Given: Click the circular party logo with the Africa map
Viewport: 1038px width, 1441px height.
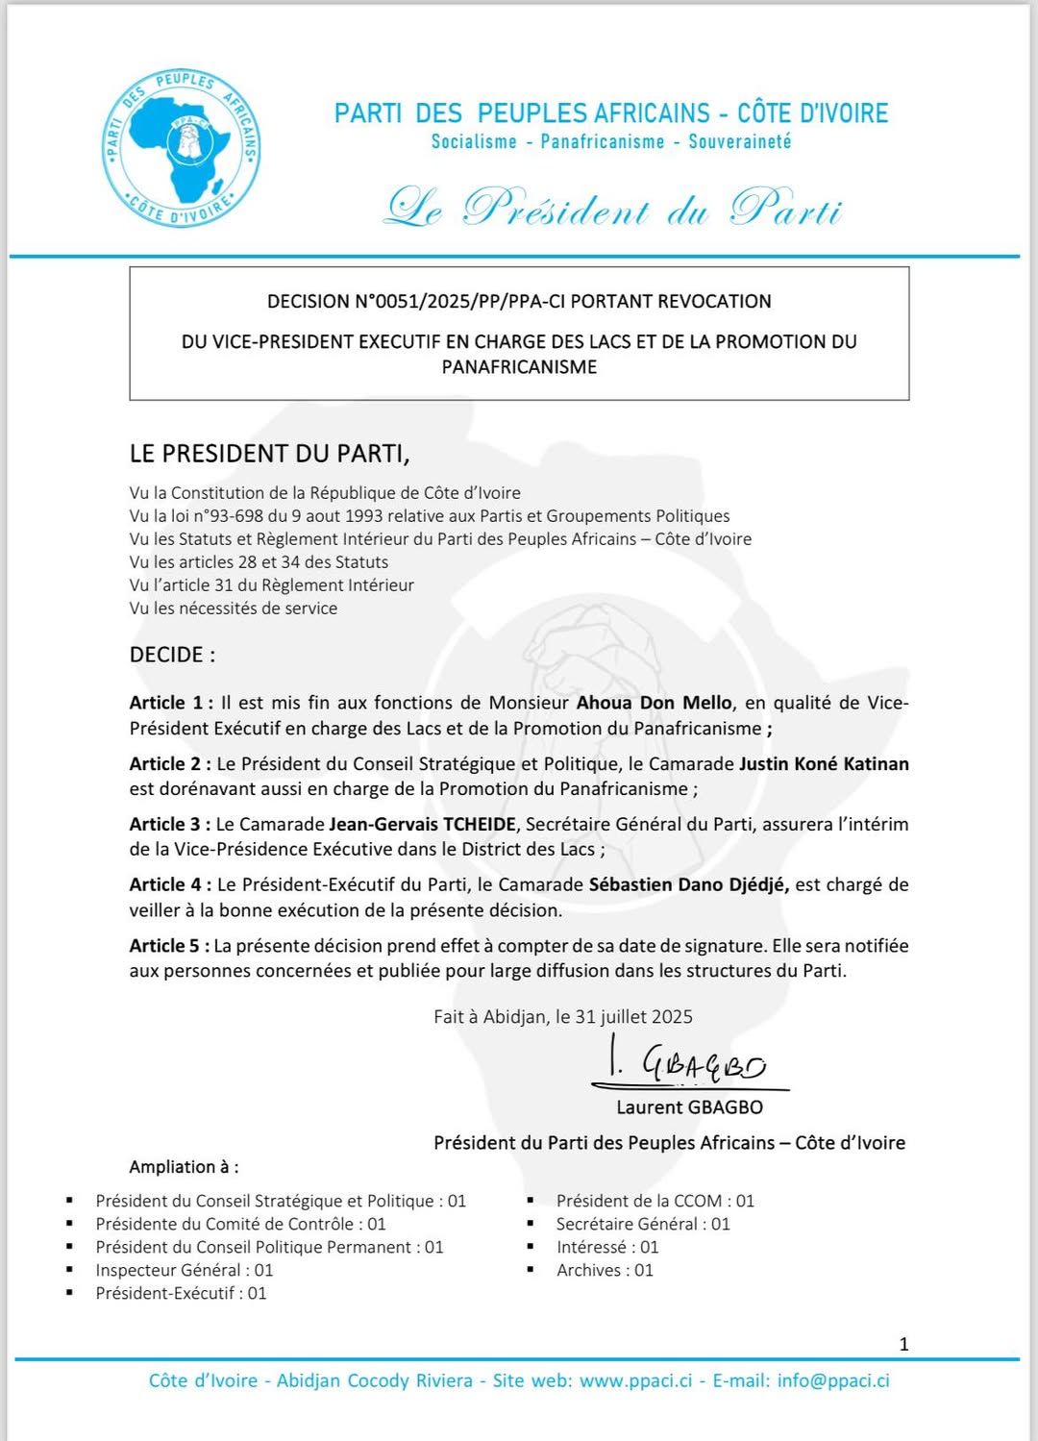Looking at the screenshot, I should point(181,148).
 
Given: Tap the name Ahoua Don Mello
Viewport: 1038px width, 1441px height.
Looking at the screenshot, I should point(654,703).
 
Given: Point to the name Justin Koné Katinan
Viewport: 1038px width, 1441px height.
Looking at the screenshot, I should point(824,764).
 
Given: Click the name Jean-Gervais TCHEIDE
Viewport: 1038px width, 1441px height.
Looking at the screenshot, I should point(423,824).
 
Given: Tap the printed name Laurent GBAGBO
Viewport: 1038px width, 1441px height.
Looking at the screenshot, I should point(689,1107).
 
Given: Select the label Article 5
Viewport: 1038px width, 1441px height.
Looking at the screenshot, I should point(169,946).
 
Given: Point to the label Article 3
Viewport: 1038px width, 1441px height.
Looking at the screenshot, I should point(169,824).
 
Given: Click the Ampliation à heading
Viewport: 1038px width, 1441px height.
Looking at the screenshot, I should point(184,1167).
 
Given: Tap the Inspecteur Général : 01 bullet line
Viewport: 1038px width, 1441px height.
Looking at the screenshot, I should point(184,1270).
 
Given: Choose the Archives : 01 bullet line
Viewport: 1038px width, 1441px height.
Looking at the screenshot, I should point(605,1270).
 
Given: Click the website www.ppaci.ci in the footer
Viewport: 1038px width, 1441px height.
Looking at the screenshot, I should point(635,1380).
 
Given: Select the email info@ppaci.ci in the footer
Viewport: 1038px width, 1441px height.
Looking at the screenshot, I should point(832,1380).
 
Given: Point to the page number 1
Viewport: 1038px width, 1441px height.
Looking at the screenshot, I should point(903,1344).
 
